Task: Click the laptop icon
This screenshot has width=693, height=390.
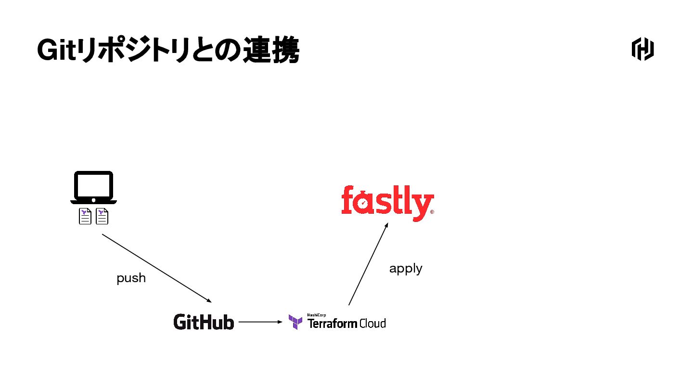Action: tap(93, 188)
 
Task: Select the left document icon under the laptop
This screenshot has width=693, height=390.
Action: tap(85, 217)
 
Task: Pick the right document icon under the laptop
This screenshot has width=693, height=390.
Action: tap(102, 217)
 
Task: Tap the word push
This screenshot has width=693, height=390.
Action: tap(131, 278)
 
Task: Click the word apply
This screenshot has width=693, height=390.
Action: tap(406, 269)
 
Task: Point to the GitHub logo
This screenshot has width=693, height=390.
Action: tap(204, 322)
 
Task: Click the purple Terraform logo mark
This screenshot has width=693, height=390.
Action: tap(295, 322)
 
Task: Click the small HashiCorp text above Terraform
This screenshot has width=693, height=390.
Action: tap(313, 315)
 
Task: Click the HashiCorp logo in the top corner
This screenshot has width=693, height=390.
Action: tap(642, 49)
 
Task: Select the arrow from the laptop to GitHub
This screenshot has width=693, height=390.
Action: tap(156, 268)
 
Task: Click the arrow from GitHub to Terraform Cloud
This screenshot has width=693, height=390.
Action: tap(260, 322)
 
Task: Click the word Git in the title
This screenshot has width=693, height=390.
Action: tap(57, 50)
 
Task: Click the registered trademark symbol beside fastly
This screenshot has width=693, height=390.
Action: tap(432, 212)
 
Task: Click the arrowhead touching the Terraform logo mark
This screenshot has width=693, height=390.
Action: tap(282, 322)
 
